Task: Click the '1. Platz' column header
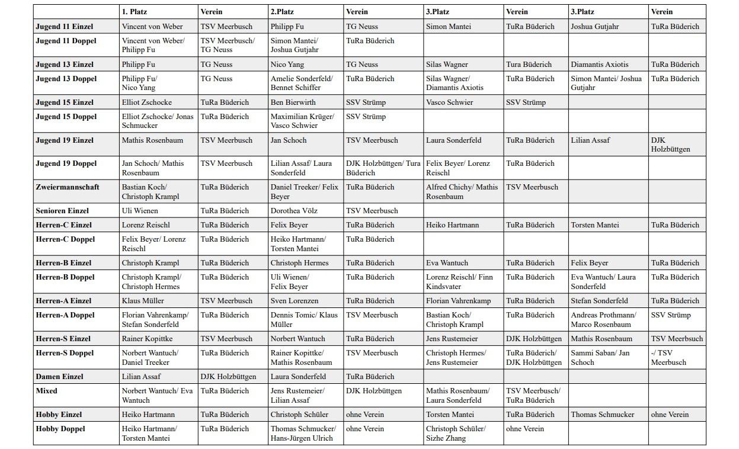135,12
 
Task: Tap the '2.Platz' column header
282,12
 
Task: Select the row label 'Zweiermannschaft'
68,187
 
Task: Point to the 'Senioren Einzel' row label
62,211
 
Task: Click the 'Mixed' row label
47,391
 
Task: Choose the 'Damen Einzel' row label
59,377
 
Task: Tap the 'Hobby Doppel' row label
60,429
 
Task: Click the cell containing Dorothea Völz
294,211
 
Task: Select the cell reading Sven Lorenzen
295,301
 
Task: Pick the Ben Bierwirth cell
293,102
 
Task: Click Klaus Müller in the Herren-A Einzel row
143,301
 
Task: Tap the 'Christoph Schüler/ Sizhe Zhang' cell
456,434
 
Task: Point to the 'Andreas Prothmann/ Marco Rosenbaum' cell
603,320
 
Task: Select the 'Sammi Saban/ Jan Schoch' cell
600,358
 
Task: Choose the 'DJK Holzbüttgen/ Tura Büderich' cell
383,168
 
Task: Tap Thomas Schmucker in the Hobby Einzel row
602,415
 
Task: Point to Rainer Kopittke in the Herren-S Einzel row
148,339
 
